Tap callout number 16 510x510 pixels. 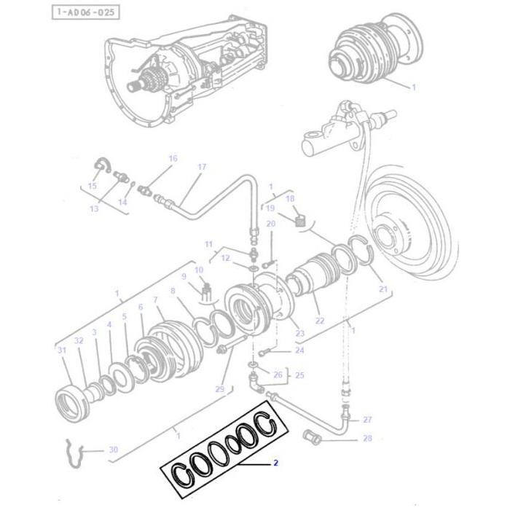(x=173, y=158)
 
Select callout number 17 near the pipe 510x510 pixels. (x=202, y=167)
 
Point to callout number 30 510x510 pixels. (x=113, y=450)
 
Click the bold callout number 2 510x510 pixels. (x=275, y=462)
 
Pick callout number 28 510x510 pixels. (x=367, y=438)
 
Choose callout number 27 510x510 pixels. (x=367, y=419)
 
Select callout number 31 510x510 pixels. (x=62, y=350)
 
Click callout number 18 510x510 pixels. (x=290, y=198)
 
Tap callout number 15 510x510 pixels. (x=92, y=186)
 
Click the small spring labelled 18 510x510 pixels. (x=298, y=218)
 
